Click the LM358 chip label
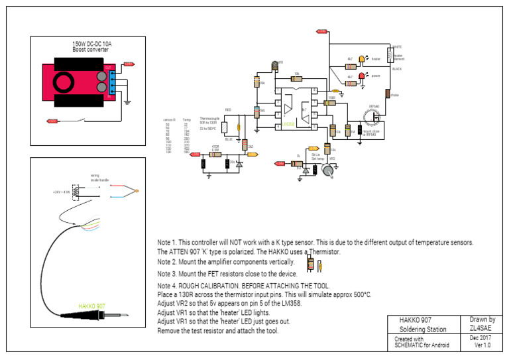tap(289, 124)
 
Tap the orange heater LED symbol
tap(362, 59)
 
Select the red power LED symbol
tap(362, 76)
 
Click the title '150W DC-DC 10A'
tap(93, 44)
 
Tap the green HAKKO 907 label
tap(91, 306)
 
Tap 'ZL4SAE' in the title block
tap(482, 328)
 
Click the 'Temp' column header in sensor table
tap(187, 120)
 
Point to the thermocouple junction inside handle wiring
tap(137, 192)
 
